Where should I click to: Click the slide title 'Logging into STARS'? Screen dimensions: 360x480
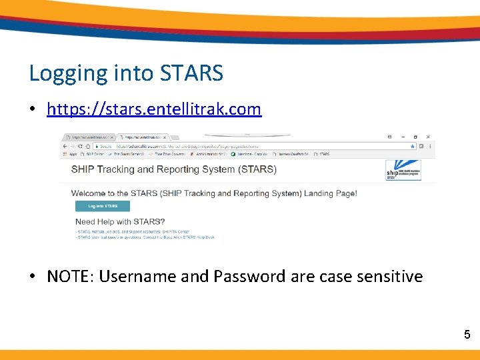click(126, 73)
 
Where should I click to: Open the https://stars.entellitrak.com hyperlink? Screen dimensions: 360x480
click(154, 109)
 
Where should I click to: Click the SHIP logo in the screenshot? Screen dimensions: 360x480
click(403, 171)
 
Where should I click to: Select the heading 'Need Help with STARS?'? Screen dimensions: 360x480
click(120, 221)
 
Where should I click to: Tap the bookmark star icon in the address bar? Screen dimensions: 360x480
click(413, 145)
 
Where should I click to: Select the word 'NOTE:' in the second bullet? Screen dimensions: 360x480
click(71, 276)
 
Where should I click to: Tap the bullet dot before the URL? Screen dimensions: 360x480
click(33, 109)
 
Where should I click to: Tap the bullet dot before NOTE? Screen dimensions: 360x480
click(33, 277)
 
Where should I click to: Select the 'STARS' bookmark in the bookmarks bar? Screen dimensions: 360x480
click(323, 154)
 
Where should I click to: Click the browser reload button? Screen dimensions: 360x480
click(88, 145)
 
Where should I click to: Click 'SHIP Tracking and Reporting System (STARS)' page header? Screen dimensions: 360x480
click(173, 169)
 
